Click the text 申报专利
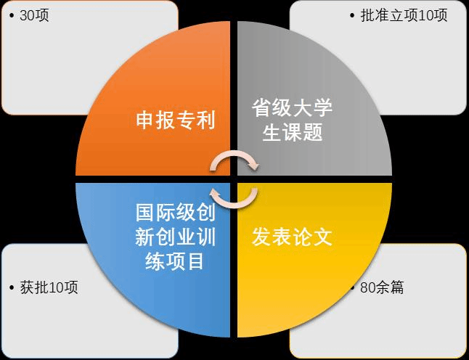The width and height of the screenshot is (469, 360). (176, 120)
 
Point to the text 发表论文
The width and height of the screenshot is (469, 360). (292, 237)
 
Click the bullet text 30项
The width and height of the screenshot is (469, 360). (34, 15)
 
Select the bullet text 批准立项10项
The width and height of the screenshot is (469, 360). (404, 15)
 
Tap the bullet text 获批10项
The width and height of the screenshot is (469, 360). (49, 287)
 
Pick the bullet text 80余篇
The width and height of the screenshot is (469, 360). (377, 287)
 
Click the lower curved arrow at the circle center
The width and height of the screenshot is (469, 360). (234, 196)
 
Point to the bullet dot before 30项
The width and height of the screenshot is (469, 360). (12, 16)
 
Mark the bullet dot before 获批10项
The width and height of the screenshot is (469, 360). (12, 288)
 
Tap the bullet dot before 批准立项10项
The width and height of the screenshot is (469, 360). (353, 16)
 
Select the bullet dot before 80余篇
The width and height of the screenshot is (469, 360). (354, 288)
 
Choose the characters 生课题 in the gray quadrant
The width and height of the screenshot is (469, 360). (292, 133)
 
